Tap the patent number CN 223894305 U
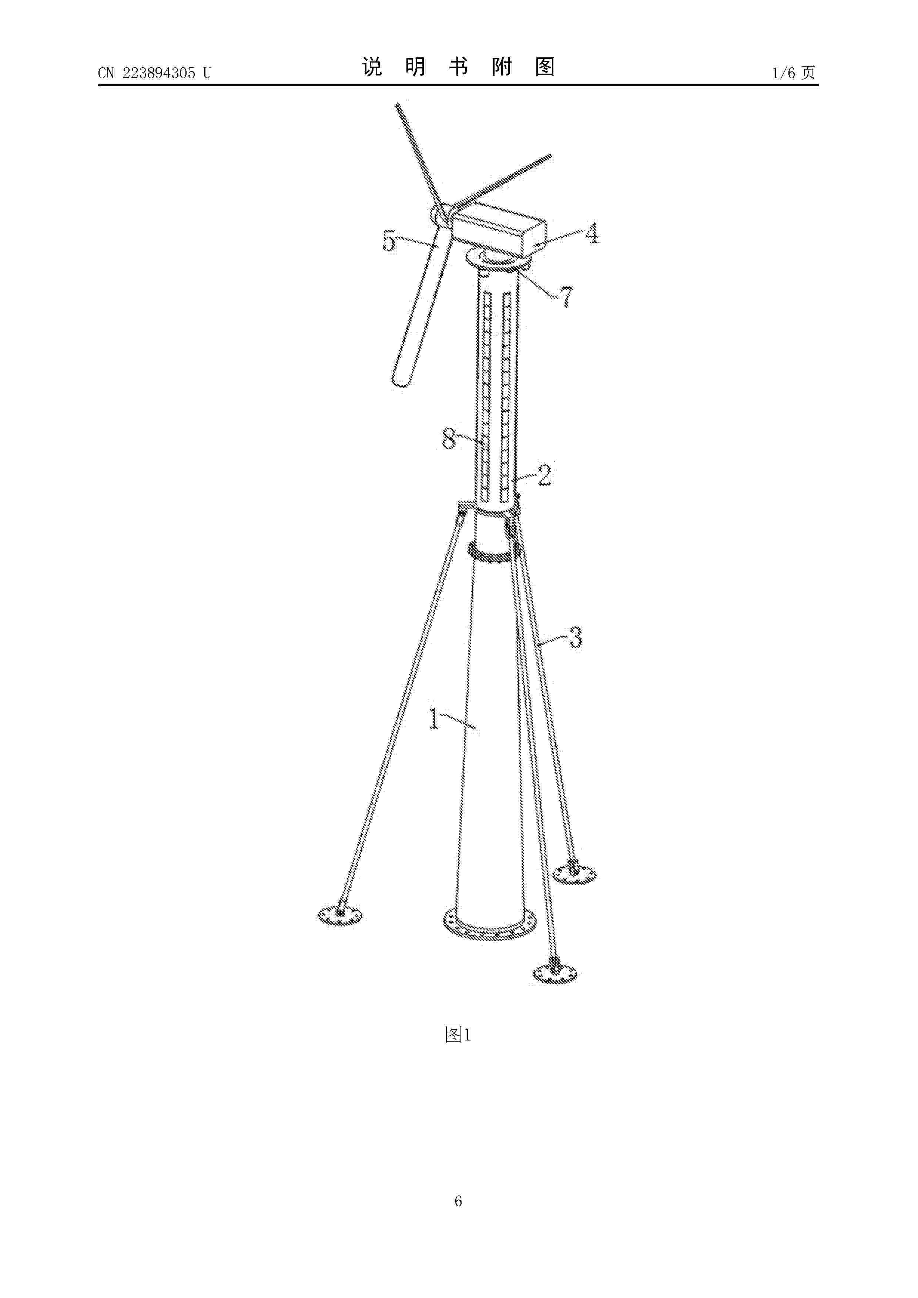pyautogui.click(x=154, y=73)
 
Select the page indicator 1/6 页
pyautogui.click(x=794, y=73)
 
